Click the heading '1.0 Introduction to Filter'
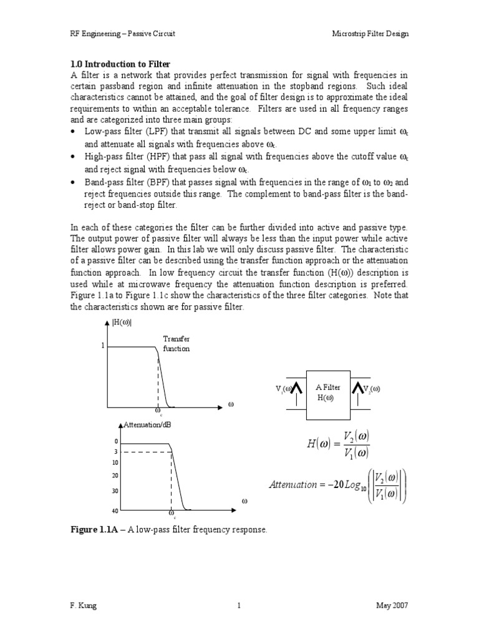119,64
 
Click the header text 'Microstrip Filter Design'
370,34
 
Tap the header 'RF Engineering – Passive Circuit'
122,34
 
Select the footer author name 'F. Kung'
84,605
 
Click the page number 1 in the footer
239,605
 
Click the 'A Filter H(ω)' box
327,393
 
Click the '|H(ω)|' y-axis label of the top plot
122,323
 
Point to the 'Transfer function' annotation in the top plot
176,344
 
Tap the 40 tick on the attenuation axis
115,510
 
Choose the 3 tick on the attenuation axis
116,451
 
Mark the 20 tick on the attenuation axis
115,476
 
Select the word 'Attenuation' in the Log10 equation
293,484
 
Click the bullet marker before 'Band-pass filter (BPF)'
74,182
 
